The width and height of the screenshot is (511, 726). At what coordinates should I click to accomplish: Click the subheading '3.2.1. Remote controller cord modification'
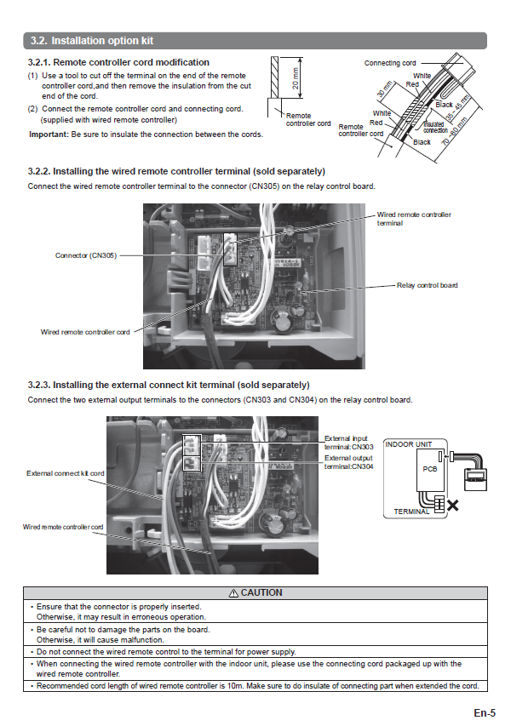click(118, 62)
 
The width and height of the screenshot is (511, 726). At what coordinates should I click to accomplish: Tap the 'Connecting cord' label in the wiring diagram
click(390, 63)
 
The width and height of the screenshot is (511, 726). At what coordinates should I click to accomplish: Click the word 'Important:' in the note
click(49, 134)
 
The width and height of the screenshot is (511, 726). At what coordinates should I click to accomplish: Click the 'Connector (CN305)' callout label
click(86, 255)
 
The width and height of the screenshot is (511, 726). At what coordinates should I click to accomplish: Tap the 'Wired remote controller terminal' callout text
click(414, 219)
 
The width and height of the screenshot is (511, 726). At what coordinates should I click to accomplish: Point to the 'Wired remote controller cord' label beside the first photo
click(85, 332)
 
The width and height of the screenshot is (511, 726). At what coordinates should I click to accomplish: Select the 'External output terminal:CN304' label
click(348, 462)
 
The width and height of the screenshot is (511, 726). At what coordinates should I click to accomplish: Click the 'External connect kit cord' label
click(66, 473)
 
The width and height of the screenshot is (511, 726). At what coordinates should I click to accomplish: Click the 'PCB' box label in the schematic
click(428, 469)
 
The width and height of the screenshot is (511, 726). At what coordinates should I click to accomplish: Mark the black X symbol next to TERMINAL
click(453, 506)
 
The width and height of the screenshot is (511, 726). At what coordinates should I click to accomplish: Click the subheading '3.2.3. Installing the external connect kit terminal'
click(169, 385)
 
